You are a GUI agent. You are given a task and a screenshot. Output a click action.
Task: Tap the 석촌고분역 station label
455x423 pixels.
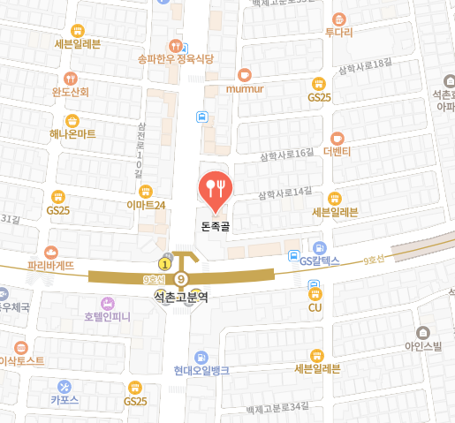(x=180, y=298)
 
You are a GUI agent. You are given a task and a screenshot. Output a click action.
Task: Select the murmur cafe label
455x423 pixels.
(x=245, y=88)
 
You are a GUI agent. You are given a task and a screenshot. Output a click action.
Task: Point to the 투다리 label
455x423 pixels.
(x=338, y=32)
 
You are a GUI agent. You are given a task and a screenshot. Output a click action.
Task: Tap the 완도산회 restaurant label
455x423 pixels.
(x=71, y=91)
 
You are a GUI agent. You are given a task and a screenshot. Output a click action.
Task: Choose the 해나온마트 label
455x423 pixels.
(x=72, y=133)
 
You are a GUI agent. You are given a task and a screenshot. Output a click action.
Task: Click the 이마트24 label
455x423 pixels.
(x=147, y=205)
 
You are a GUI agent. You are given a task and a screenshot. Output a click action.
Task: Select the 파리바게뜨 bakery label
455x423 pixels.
(x=51, y=264)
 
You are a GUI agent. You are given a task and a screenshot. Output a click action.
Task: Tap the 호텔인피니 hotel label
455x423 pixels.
(x=108, y=315)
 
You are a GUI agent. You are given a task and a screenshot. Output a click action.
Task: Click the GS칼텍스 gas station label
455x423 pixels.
(x=319, y=261)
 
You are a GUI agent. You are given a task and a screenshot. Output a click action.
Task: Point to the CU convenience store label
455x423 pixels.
(x=315, y=307)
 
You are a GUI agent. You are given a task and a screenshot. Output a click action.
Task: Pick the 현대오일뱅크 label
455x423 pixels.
(x=201, y=370)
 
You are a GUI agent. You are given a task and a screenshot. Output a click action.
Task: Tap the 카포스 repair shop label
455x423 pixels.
(x=64, y=400)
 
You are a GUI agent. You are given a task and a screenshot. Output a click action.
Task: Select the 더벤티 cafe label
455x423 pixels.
(x=337, y=151)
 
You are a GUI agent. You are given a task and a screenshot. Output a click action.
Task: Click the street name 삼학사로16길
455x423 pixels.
(x=286, y=155)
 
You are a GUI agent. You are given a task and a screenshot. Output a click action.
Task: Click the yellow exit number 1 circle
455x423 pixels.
(x=163, y=263)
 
